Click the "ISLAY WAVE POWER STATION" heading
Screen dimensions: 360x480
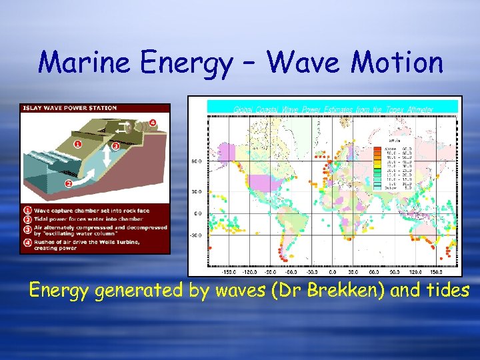(70, 108)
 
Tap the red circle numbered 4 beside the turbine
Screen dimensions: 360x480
(153, 122)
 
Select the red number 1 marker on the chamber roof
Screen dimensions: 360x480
(77, 143)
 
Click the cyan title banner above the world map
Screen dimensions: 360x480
(333, 107)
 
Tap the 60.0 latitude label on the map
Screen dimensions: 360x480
(196, 161)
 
